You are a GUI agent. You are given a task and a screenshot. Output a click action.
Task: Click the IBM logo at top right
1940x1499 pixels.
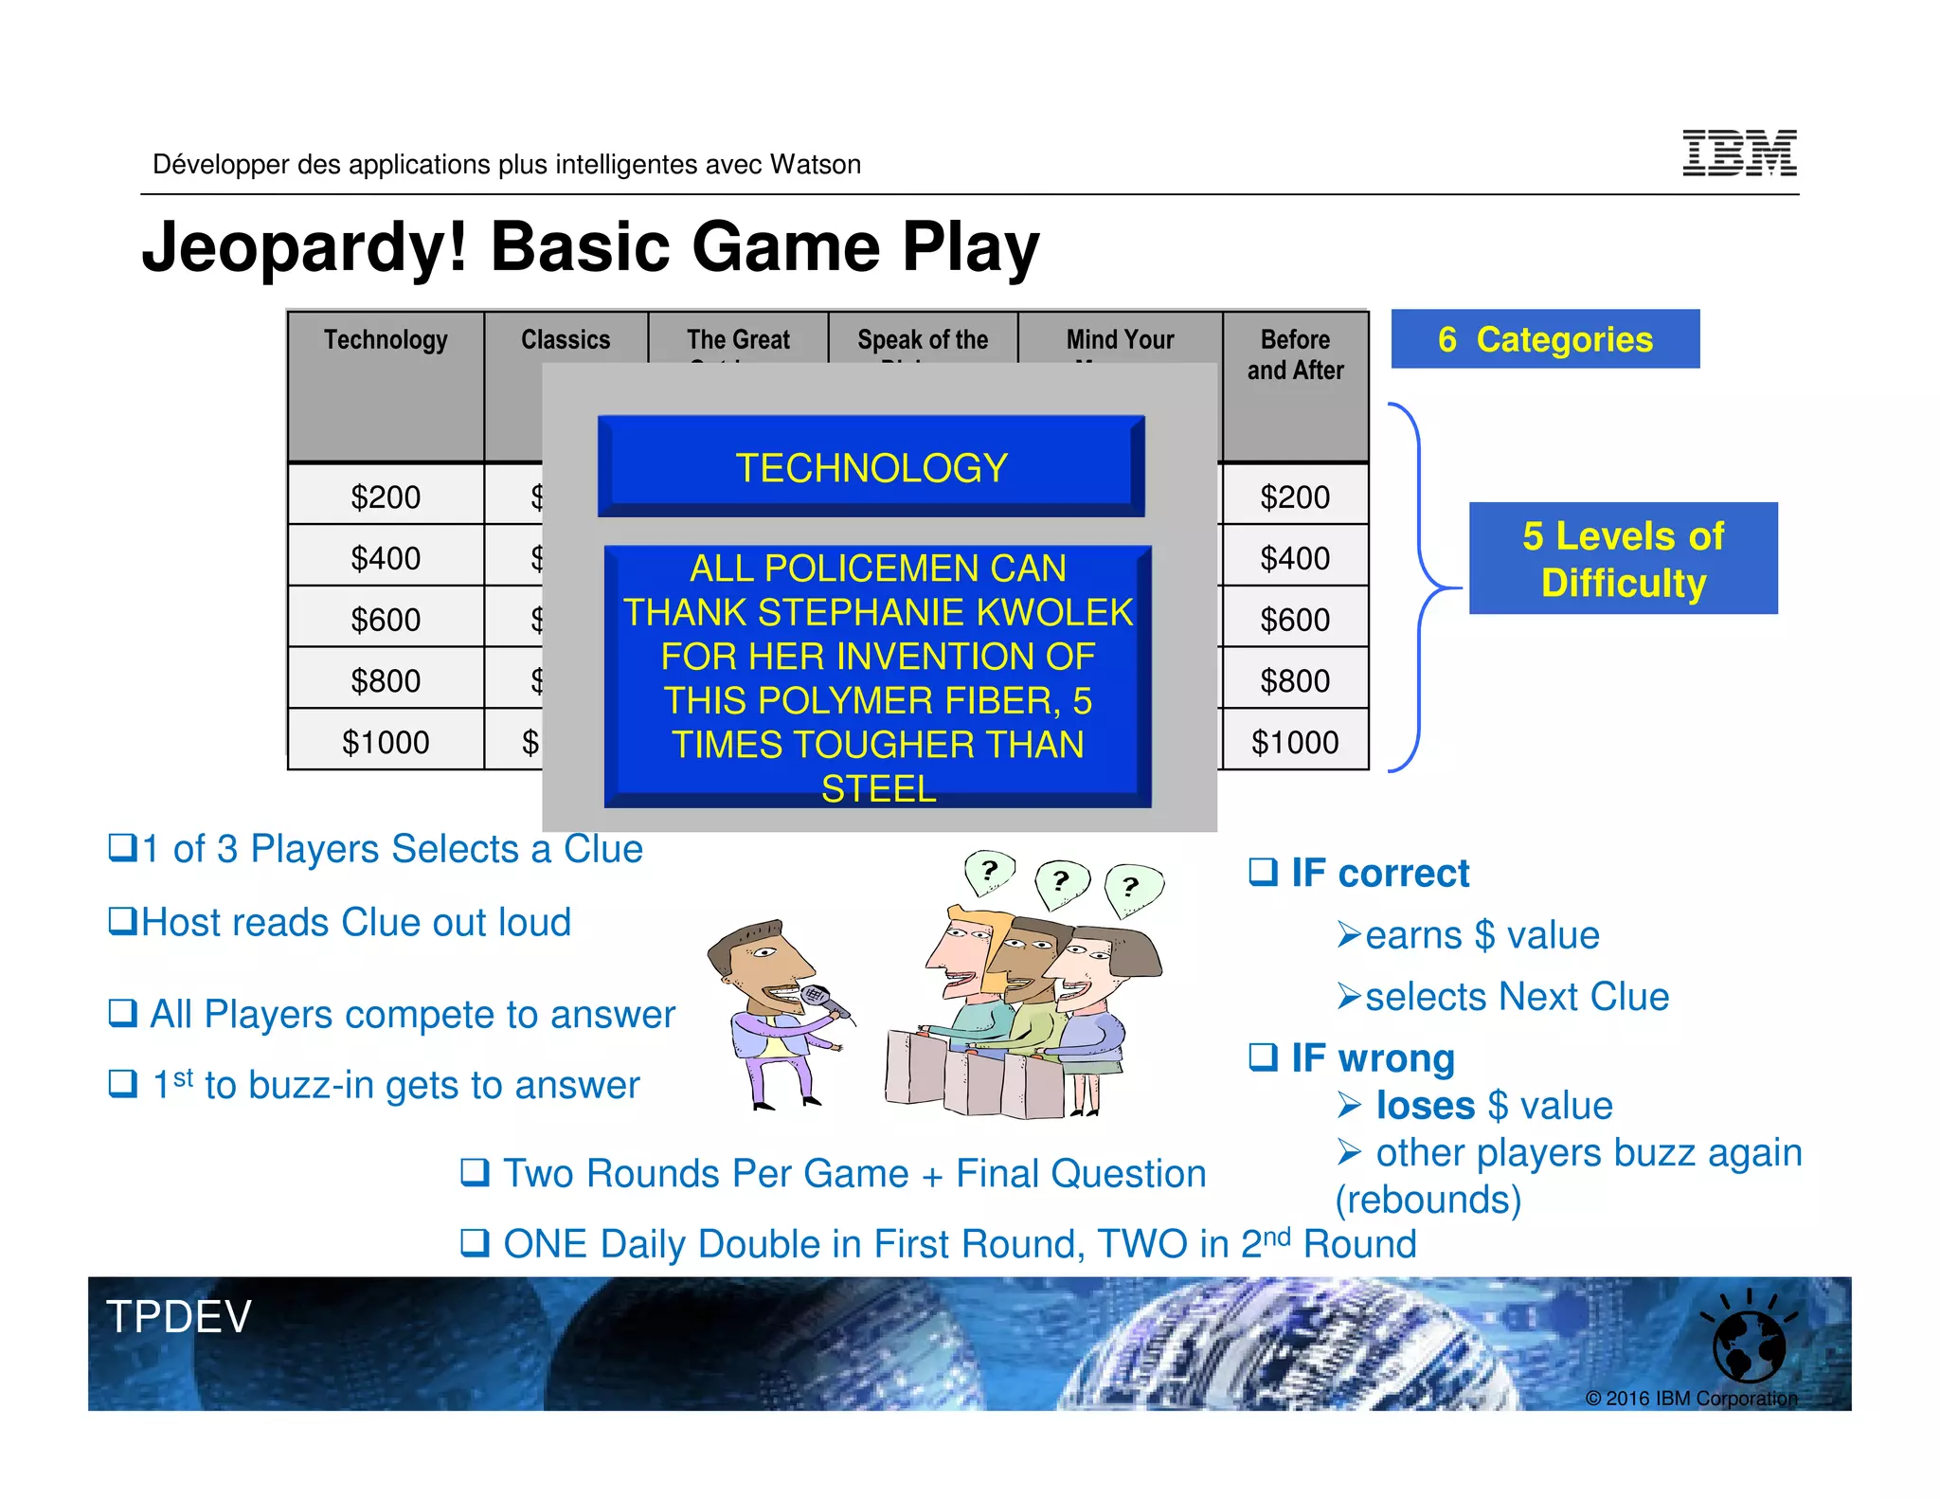pos(1738,154)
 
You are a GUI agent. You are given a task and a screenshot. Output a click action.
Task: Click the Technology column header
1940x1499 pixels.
pos(386,340)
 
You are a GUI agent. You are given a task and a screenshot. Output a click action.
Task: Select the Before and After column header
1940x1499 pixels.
pos(1295,354)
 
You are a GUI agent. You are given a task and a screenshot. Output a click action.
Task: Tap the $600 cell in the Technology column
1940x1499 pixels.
pos(386,620)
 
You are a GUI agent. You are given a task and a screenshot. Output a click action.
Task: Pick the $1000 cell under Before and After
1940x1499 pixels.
pos(1295,742)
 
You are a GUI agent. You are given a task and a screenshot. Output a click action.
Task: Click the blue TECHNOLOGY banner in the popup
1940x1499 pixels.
pos(871,467)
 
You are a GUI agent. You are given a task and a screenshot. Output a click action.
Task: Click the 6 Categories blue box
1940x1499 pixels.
pos(1545,339)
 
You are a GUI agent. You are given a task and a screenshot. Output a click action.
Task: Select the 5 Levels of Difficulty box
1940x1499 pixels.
pos(1623,559)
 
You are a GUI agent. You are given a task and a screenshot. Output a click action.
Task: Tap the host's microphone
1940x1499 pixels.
pos(817,998)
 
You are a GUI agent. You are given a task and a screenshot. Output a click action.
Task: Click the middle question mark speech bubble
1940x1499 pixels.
pos(1061,880)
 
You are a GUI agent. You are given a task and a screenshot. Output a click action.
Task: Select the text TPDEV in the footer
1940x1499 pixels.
pos(179,1317)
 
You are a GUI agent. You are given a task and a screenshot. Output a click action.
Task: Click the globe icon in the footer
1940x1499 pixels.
pos(1749,1346)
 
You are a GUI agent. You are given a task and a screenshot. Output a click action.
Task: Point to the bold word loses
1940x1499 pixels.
pos(1425,1106)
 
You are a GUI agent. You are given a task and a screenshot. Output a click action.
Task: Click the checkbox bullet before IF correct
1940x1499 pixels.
pos(1263,871)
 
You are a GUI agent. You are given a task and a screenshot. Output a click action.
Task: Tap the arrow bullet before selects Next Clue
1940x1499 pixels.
pos(1349,997)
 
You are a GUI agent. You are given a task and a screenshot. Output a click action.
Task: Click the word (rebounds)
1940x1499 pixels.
pos(1428,1200)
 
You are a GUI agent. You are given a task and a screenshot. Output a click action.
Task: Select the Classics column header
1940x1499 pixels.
pos(566,340)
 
